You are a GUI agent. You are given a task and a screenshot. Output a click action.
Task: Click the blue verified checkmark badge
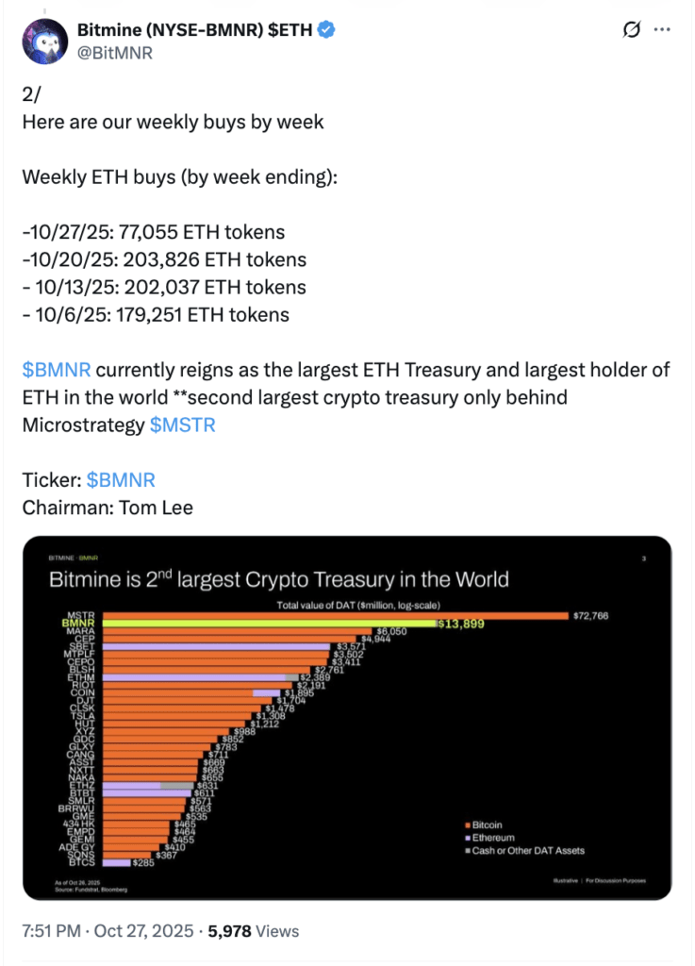pos(326,30)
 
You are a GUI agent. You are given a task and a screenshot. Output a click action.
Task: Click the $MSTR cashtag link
pos(183,425)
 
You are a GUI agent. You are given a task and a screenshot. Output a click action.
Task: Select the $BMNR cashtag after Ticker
pos(121,480)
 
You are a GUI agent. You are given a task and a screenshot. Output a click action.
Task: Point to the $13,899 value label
pos(462,624)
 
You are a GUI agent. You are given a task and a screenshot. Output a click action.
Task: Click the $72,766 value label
pos(590,615)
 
